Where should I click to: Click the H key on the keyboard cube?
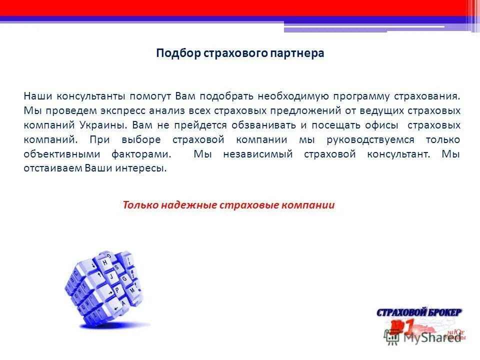105,262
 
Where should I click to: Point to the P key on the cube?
116,290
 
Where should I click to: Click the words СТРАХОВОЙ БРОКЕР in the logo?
419,312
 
